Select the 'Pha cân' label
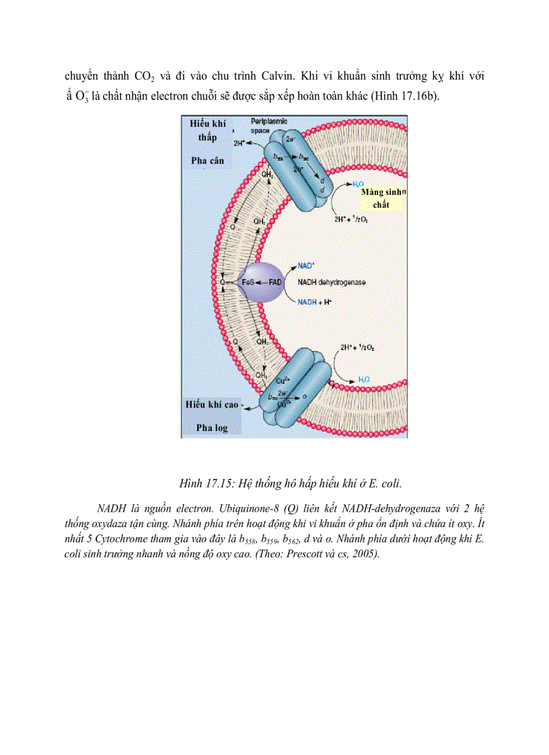[207, 161]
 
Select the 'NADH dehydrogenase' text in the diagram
[332, 283]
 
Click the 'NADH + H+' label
[314, 303]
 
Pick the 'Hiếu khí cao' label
[213, 404]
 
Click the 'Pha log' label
[212, 428]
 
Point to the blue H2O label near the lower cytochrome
[363, 380]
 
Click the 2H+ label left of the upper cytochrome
[240, 143]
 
